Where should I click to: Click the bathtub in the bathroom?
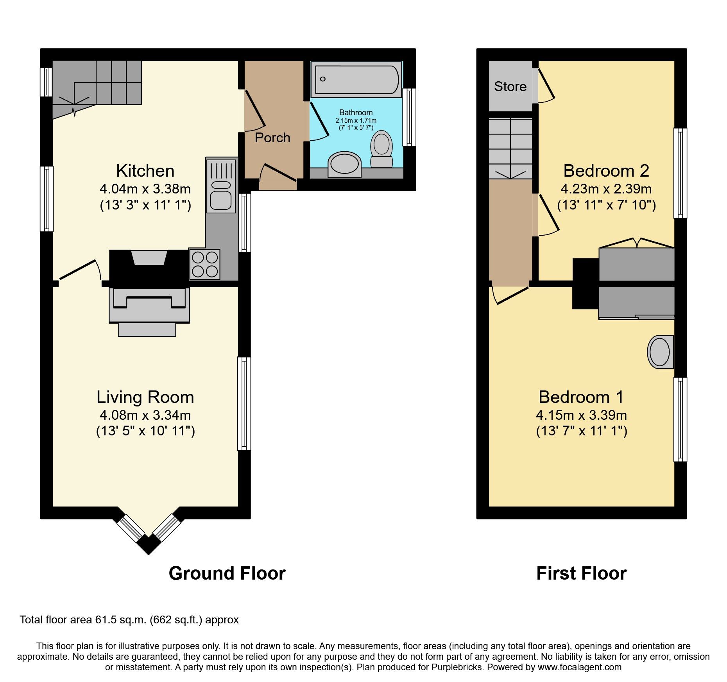click(x=356, y=79)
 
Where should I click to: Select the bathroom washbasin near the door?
click(x=344, y=164)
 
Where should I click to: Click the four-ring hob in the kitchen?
click(x=205, y=265)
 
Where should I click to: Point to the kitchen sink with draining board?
click(x=221, y=185)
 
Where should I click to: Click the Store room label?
click(x=510, y=86)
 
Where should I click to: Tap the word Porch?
click(x=272, y=138)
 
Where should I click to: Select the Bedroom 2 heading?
click(x=606, y=171)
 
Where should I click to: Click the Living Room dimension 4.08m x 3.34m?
click(x=145, y=415)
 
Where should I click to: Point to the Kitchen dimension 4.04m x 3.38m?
click(x=145, y=189)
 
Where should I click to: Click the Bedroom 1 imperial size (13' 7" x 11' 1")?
click(x=581, y=431)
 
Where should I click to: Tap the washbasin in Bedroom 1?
click(x=660, y=352)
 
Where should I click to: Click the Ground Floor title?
click(x=227, y=573)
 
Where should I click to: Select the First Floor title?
click(x=581, y=573)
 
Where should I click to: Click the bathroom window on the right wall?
click(x=409, y=117)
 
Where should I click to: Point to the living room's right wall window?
click(x=244, y=404)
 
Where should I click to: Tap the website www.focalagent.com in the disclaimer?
click(x=579, y=667)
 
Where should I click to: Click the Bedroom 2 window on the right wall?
click(x=680, y=173)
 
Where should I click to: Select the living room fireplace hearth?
click(x=147, y=329)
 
